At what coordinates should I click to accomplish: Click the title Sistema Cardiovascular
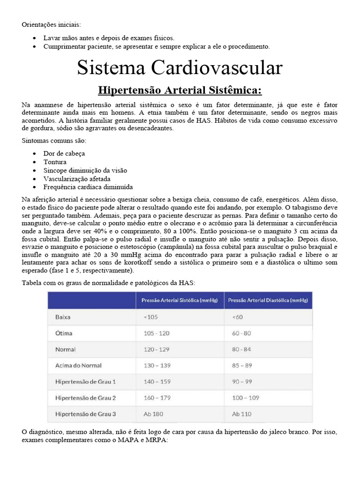point(180,67)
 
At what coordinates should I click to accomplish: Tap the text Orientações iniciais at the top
point(51,24)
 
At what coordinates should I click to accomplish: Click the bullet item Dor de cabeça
point(64,153)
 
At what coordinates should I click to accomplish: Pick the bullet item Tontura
point(55,162)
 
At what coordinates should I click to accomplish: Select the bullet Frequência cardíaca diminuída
point(88,187)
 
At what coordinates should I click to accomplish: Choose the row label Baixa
point(63,317)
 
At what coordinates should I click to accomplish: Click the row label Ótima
point(64,333)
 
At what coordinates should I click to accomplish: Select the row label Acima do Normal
point(78,365)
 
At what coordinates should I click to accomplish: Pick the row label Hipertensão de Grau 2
point(85,397)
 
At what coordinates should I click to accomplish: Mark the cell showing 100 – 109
point(245,397)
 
